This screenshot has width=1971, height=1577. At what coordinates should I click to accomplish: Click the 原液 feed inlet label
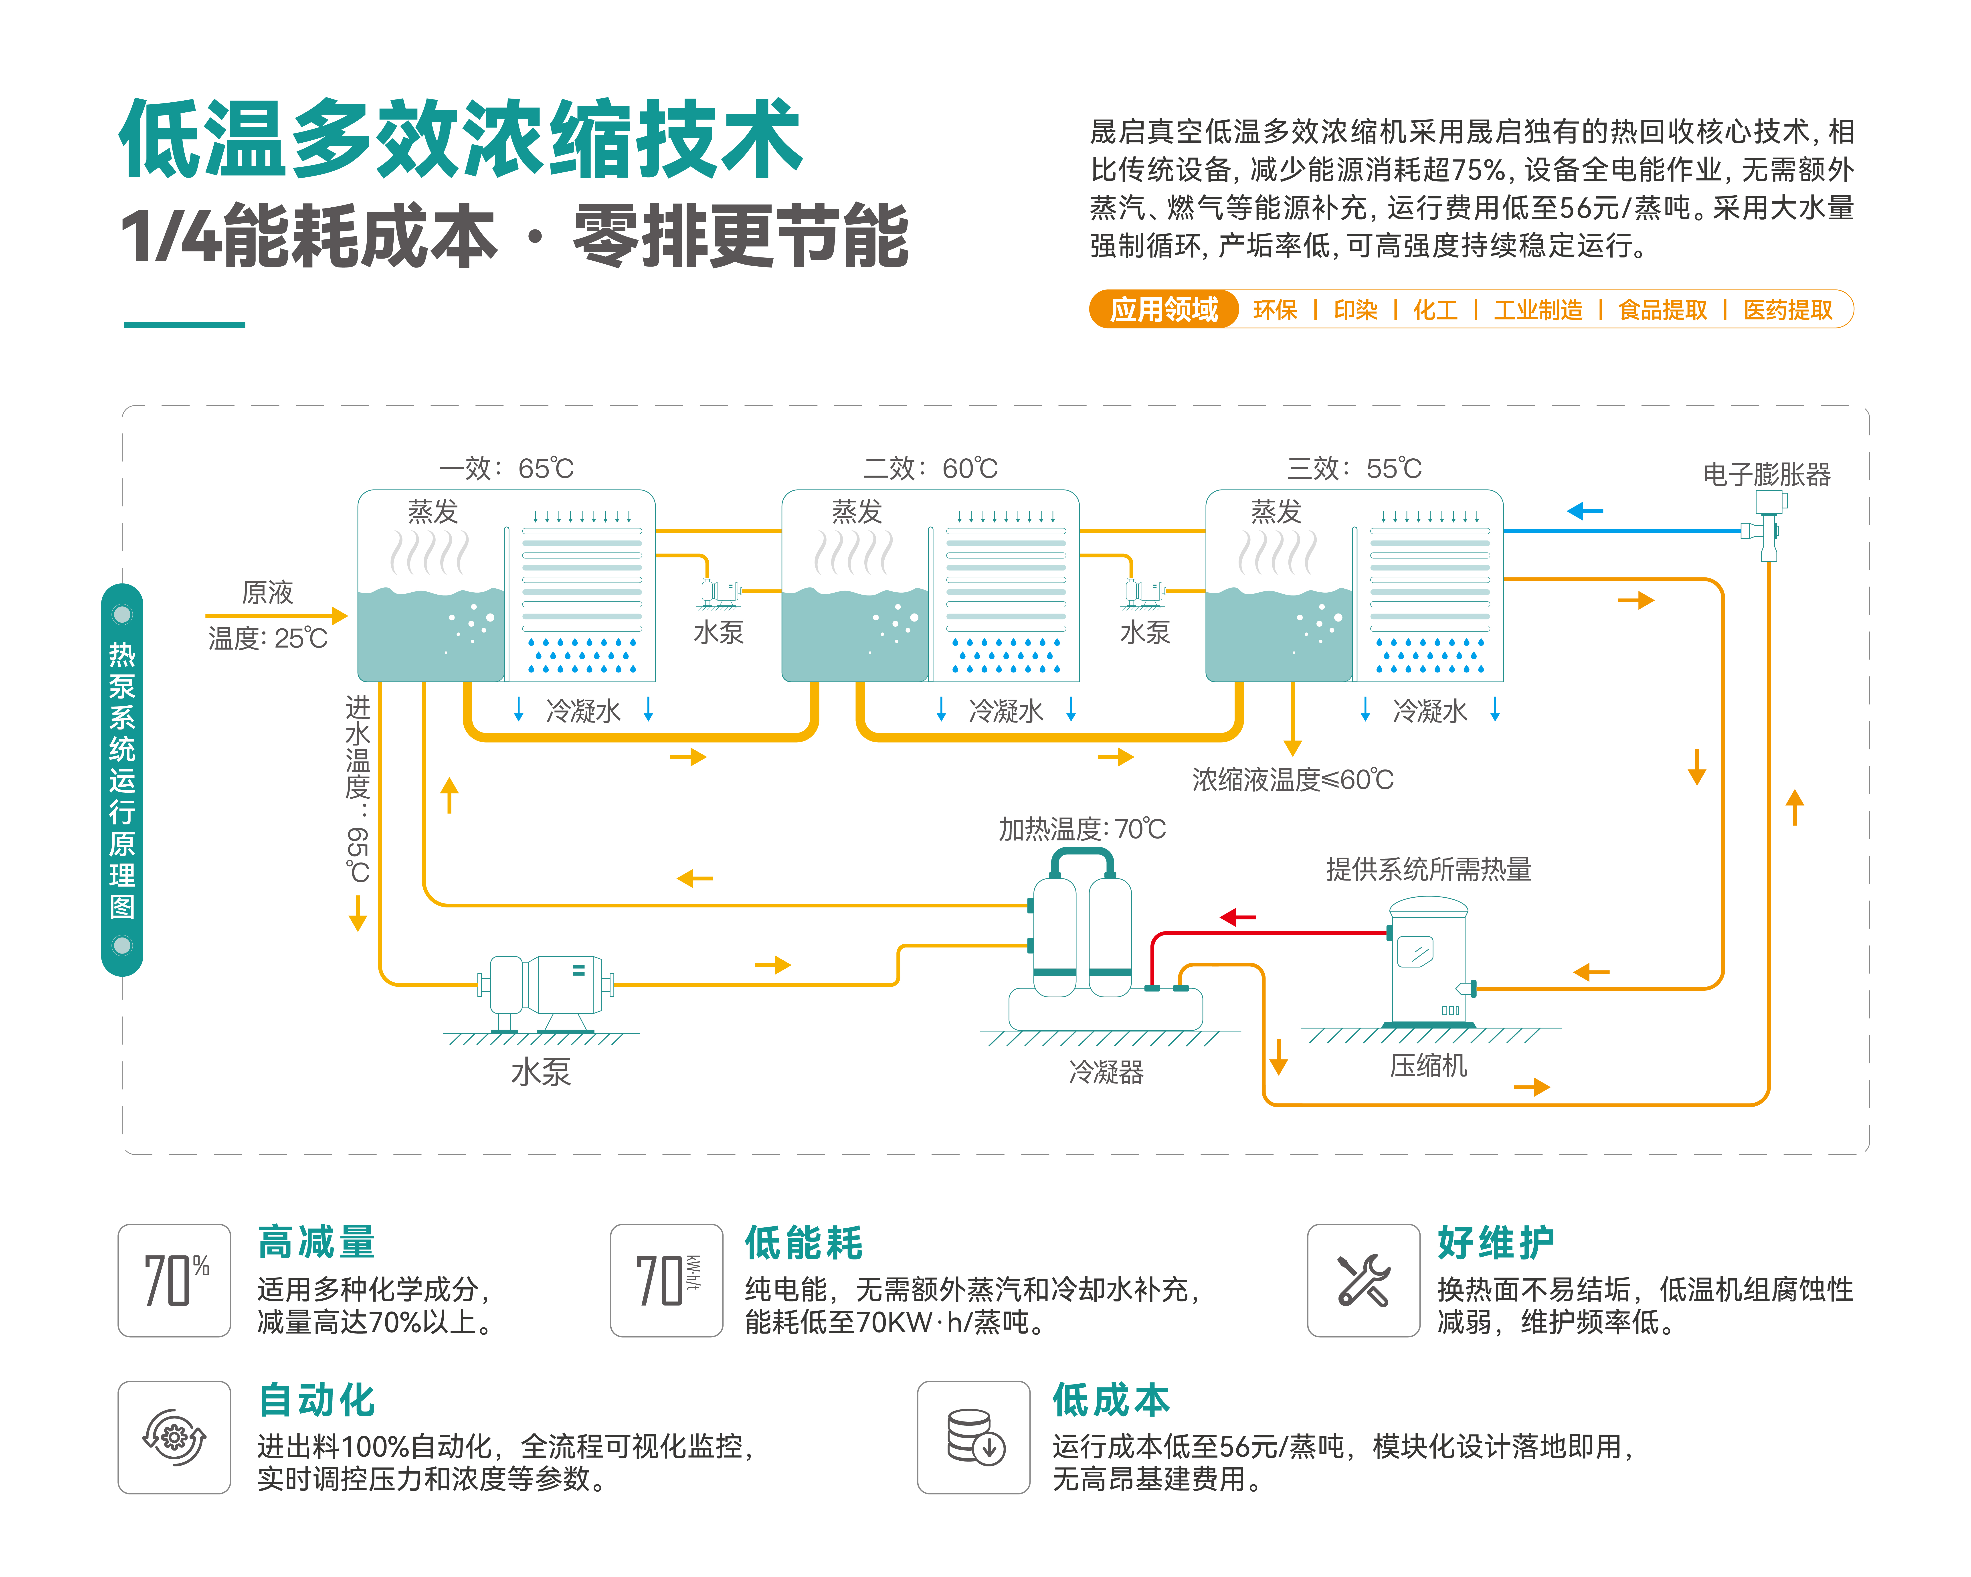click(267, 592)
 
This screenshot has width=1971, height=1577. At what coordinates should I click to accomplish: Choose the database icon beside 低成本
click(974, 1437)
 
